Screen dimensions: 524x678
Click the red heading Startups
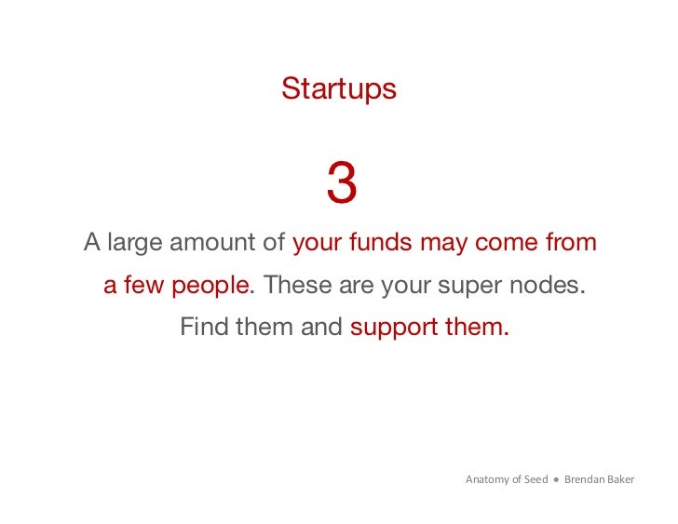click(339, 89)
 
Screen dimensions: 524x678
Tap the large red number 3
click(341, 184)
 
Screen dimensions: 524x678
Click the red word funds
click(381, 243)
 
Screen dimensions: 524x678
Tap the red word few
click(142, 285)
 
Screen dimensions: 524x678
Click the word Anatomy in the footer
click(487, 480)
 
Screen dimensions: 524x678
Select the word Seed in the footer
click(535, 480)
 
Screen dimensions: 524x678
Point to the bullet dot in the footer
click(556, 480)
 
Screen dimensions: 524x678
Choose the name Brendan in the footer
click(586, 480)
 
